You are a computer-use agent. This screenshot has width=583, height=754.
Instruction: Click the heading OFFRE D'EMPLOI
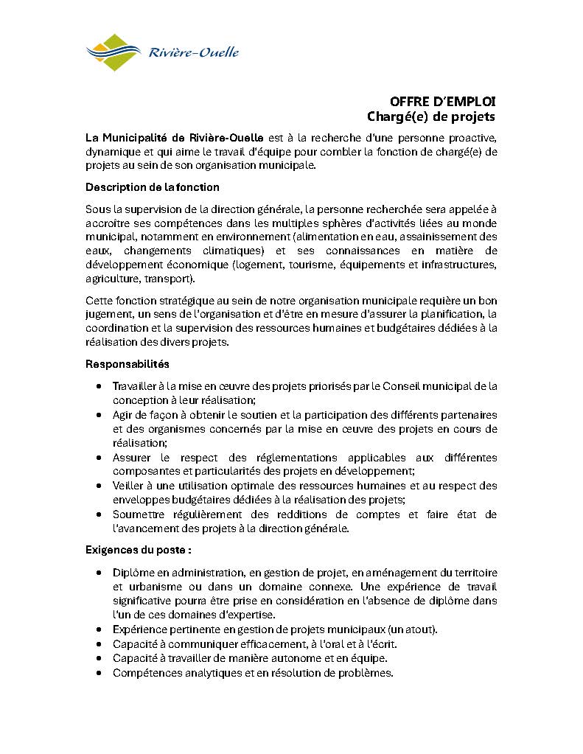point(443,102)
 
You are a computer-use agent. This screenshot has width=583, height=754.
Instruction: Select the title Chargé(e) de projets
point(431,116)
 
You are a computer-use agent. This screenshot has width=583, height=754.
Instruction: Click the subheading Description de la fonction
point(152,187)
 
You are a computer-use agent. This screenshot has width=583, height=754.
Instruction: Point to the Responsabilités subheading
point(128,364)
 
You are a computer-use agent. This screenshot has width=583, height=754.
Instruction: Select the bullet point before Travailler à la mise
point(100,386)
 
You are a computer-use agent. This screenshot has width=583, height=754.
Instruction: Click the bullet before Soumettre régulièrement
point(100,514)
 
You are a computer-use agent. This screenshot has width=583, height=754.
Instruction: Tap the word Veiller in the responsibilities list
point(129,486)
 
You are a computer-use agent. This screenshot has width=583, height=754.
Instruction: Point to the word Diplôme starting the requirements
point(134,573)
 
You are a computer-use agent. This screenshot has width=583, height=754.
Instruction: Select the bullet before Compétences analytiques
point(100,673)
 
